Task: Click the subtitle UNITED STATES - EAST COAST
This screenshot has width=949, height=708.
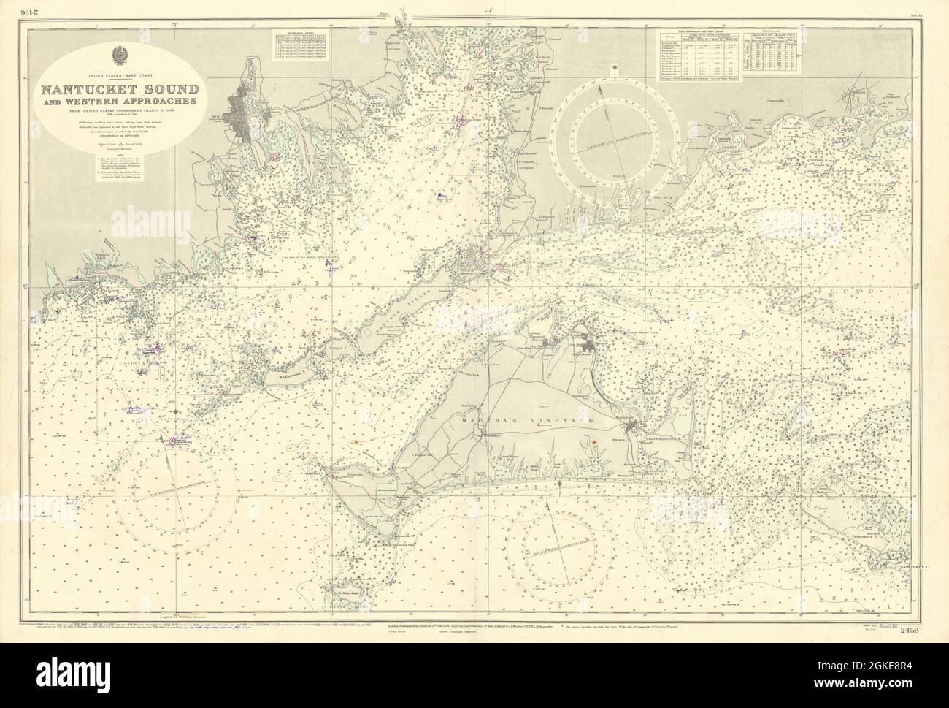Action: tap(118, 76)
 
